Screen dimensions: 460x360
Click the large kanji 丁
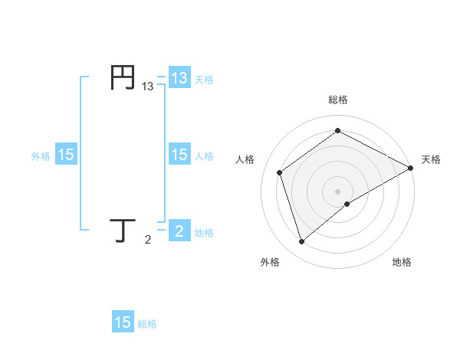coord(123,231)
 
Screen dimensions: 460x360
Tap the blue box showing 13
coord(179,78)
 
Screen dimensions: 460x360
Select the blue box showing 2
coord(179,231)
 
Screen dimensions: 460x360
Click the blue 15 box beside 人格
coord(179,155)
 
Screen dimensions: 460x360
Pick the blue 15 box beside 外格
coord(66,155)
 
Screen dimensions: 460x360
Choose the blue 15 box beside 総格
coord(123,322)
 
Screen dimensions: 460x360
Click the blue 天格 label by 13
coord(204,79)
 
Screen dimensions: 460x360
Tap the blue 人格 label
coord(204,155)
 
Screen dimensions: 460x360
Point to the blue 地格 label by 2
coord(204,232)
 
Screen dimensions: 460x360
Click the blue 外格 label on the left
coord(41,155)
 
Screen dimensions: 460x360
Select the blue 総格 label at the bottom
coord(147,323)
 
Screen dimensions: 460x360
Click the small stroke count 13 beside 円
coord(148,87)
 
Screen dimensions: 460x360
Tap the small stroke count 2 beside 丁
coord(148,241)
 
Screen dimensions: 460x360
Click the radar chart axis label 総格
coord(338,100)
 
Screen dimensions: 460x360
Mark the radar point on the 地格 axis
coord(347,204)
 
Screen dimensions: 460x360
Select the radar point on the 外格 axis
coord(301,242)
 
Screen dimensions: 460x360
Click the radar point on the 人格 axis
coord(280,172)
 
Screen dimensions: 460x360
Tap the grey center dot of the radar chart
coord(338,191)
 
